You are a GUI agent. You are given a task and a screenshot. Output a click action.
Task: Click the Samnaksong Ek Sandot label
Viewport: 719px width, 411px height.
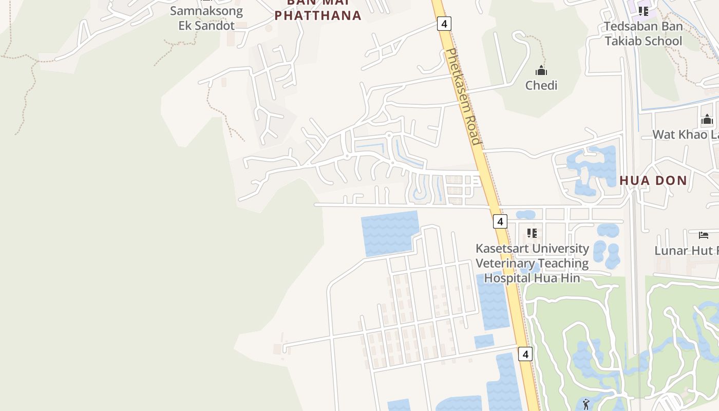pyautogui.click(x=206, y=18)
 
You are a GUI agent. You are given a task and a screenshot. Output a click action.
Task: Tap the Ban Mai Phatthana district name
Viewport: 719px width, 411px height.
pyautogui.click(x=318, y=11)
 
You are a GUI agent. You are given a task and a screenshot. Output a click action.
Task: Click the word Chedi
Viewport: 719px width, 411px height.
pyautogui.click(x=541, y=85)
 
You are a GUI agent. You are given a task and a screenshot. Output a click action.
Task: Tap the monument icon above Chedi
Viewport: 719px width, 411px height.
pyautogui.click(x=541, y=70)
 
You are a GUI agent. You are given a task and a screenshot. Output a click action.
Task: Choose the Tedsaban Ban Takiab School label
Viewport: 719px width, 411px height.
pyautogui.click(x=644, y=33)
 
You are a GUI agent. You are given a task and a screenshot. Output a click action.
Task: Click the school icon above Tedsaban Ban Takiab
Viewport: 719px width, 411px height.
pyautogui.click(x=644, y=10)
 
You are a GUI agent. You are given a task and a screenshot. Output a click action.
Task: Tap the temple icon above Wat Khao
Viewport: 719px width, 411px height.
pyautogui.click(x=707, y=120)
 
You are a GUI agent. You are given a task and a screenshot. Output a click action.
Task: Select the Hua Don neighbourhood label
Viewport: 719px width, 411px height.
pyautogui.click(x=653, y=180)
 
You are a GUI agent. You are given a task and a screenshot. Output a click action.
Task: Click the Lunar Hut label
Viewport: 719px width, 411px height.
pyautogui.click(x=686, y=251)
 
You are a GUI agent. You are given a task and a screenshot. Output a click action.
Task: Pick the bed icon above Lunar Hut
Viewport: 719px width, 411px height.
pyautogui.click(x=704, y=235)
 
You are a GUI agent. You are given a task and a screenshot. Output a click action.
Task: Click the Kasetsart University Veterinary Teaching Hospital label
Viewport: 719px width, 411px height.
pyautogui.click(x=532, y=263)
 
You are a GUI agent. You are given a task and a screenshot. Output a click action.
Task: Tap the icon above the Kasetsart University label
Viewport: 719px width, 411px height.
pyautogui.click(x=532, y=233)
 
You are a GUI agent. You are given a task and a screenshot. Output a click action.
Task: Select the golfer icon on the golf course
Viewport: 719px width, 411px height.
pyautogui.click(x=586, y=404)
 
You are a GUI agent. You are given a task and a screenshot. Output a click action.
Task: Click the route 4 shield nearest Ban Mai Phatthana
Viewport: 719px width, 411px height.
pyautogui.click(x=444, y=23)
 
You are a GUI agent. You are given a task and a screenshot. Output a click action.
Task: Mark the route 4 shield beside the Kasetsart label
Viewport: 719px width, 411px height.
pyautogui.click(x=500, y=221)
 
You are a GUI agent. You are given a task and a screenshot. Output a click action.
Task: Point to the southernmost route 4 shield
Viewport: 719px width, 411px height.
pyautogui.click(x=525, y=354)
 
